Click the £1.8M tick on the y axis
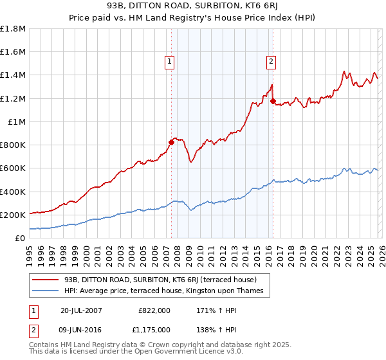point(13,29)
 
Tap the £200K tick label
point(13,215)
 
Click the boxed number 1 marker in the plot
point(169,62)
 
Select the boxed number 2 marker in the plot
point(270,62)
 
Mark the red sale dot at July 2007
point(172,142)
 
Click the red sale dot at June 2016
point(273,101)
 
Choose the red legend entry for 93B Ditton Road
point(160,280)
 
